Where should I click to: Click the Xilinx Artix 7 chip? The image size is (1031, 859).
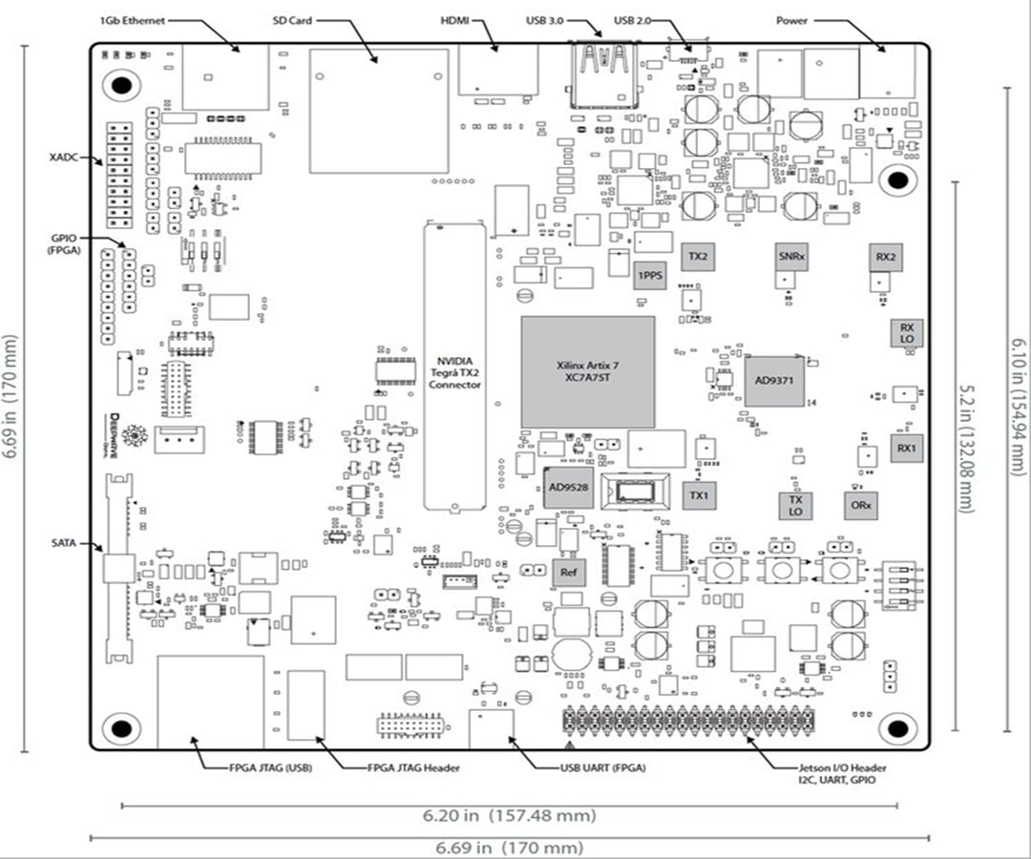(x=588, y=371)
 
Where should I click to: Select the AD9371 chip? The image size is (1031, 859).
(x=775, y=381)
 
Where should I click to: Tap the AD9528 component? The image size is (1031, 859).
(x=568, y=487)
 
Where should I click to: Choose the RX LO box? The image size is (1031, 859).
(x=906, y=333)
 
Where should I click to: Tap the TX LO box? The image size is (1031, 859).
(x=794, y=505)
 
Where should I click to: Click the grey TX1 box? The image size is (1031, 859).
(x=700, y=494)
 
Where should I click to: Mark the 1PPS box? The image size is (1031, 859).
(x=650, y=275)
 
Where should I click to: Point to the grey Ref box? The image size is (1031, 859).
(x=568, y=573)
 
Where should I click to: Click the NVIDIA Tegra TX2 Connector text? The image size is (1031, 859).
(x=454, y=371)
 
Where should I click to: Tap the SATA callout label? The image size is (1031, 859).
(x=65, y=543)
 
